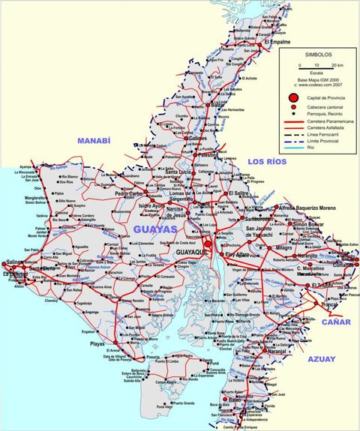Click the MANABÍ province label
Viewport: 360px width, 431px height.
94,141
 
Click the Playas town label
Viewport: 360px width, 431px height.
97,343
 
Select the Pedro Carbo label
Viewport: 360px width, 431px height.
129,193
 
